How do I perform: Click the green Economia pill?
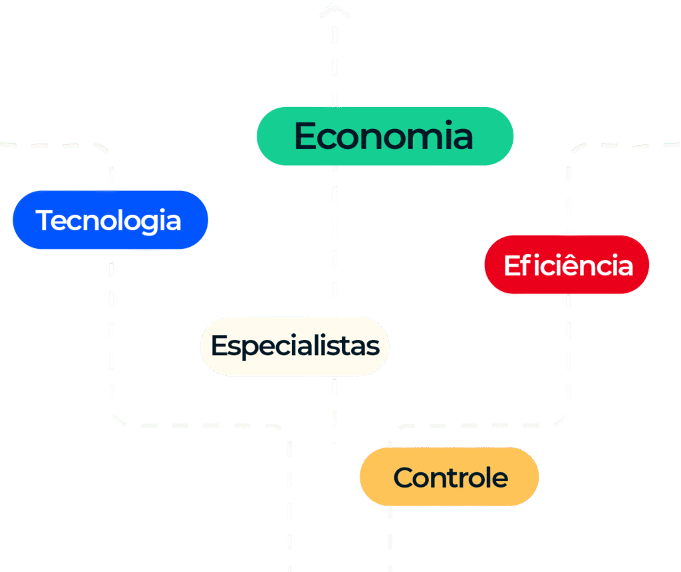[x=384, y=136]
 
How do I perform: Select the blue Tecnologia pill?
[x=110, y=220]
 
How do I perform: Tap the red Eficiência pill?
[x=567, y=265]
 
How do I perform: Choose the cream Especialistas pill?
[x=295, y=346]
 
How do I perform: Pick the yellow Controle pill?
[x=450, y=477]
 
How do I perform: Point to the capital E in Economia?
[x=305, y=136]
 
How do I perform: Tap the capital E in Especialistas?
[x=217, y=346]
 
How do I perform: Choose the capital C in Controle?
[x=402, y=478]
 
